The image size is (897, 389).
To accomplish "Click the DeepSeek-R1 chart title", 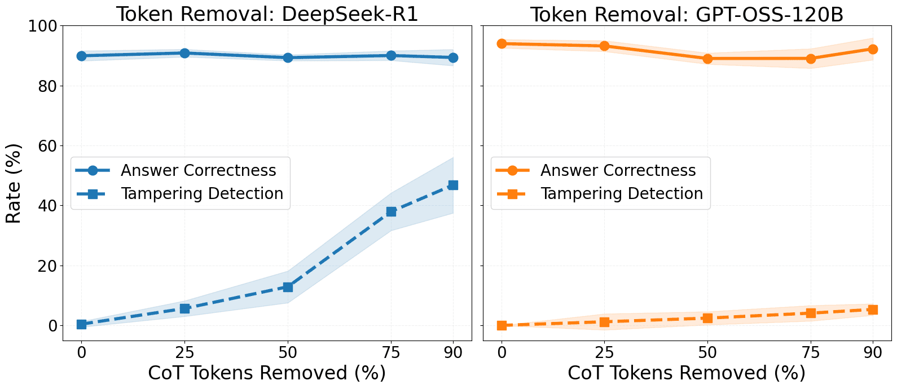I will [x=267, y=14].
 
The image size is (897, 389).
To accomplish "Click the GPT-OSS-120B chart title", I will [x=687, y=14].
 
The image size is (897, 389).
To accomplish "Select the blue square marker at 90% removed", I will [x=452, y=185].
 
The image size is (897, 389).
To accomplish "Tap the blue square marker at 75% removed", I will [x=391, y=211].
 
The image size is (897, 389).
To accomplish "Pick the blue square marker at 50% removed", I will [x=288, y=287].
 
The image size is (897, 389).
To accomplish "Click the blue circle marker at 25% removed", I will [x=184, y=53].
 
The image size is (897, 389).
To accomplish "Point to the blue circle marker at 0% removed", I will [x=81, y=56].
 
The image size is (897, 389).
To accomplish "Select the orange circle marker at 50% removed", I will [x=707, y=59].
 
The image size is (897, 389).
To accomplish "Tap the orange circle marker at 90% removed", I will [x=873, y=49].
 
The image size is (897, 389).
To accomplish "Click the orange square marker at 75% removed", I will [x=811, y=313].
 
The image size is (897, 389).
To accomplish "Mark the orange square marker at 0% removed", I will [x=502, y=325].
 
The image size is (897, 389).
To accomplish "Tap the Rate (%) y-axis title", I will [x=14, y=183].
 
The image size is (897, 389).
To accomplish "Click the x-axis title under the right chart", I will [x=687, y=373].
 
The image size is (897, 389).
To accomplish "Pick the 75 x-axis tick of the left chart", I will [x=391, y=353].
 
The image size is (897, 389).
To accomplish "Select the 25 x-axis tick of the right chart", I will [x=604, y=353].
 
